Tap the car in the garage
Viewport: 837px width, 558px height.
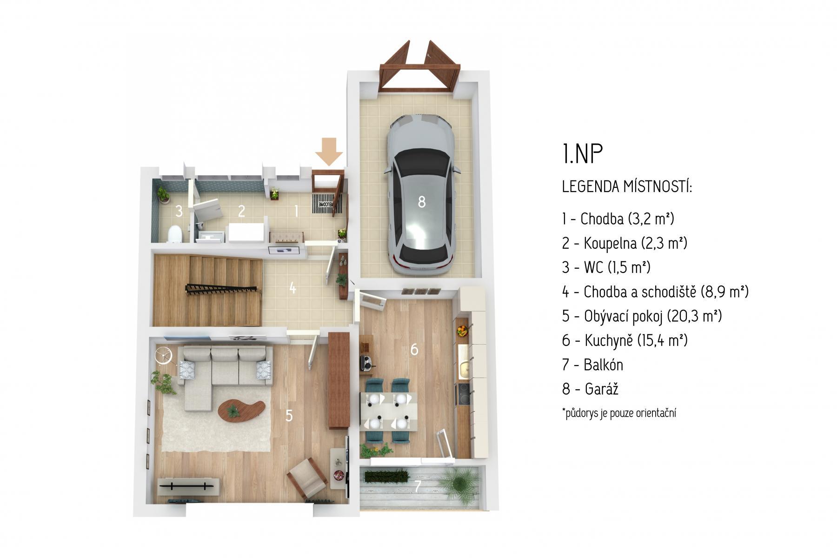click(x=422, y=194)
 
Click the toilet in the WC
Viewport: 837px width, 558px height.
click(x=175, y=234)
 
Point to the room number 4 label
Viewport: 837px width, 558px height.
click(x=292, y=288)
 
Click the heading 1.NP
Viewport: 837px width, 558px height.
click(x=582, y=154)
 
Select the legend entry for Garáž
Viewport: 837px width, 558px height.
click(x=590, y=389)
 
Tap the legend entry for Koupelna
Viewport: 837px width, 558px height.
click(x=624, y=243)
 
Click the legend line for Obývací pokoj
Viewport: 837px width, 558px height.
click(x=642, y=316)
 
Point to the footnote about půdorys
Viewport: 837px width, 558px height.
click(x=619, y=413)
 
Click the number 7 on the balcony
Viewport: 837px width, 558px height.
click(x=418, y=486)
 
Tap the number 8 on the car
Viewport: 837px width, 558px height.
click(x=422, y=202)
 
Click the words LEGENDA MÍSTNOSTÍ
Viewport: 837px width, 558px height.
click(x=627, y=187)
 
